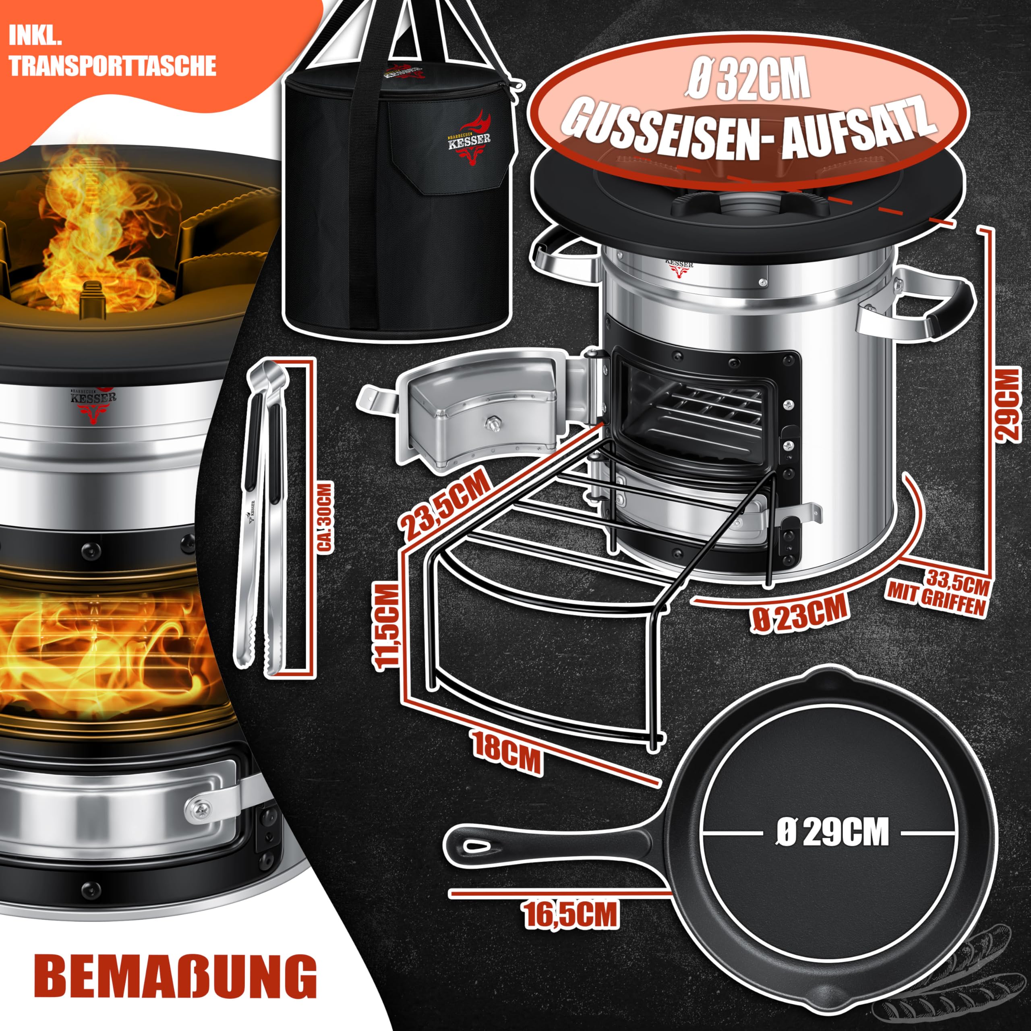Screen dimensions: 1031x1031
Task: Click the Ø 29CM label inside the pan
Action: (832, 832)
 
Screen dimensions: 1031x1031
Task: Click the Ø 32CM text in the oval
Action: (747, 80)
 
